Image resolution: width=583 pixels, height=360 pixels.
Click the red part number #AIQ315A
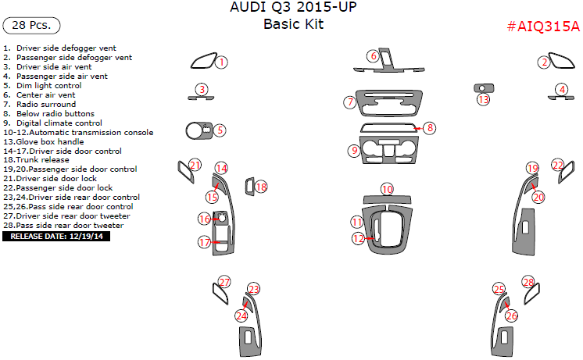click(543, 27)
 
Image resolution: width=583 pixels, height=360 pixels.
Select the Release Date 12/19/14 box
click(57, 236)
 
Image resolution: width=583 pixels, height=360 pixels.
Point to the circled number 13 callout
click(484, 99)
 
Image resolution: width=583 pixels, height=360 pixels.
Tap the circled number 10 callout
click(388, 189)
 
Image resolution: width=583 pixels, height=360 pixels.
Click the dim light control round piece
click(195, 130)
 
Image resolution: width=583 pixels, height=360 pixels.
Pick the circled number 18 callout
click(261, 187)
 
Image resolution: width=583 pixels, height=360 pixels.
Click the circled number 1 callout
click(222, 62)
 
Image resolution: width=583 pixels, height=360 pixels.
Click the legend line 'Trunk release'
click(39, 160)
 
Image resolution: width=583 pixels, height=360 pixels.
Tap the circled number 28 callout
click(528, 282)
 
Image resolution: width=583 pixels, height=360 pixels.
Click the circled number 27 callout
click(224, 282)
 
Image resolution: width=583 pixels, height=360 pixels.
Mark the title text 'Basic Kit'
click(293, 24)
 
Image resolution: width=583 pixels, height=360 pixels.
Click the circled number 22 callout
click(558, 165)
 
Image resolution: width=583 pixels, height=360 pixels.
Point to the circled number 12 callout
click(358, 239)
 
